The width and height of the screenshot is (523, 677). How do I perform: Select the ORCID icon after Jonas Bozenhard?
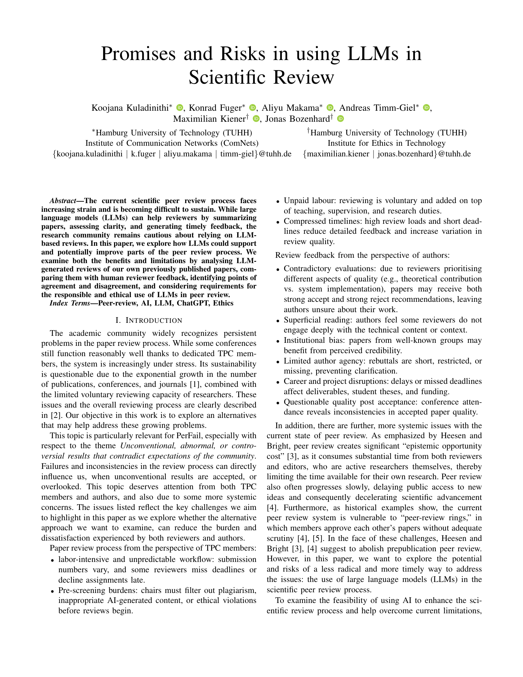[341, 118]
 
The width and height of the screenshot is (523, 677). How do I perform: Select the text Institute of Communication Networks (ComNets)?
[172, 143]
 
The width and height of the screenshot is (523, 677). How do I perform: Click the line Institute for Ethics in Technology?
[387, 143]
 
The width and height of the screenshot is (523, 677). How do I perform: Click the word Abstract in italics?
[62, 201]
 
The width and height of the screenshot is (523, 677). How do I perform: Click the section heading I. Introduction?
[149, 320]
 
